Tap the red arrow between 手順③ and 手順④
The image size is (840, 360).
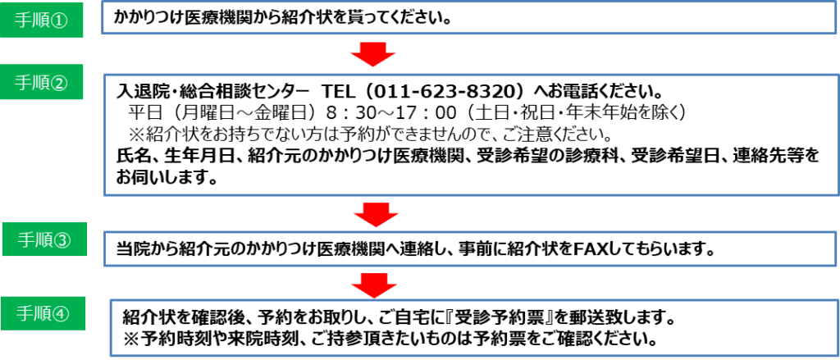[x=374, y=285]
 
